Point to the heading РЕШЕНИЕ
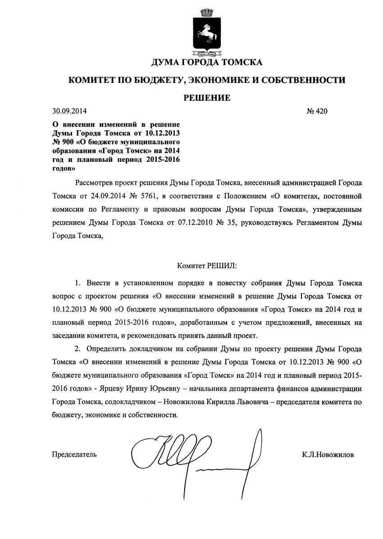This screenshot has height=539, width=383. click(207, 98)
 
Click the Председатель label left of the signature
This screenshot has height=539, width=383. click(74, 455)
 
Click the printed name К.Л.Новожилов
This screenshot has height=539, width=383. click(328, 455)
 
